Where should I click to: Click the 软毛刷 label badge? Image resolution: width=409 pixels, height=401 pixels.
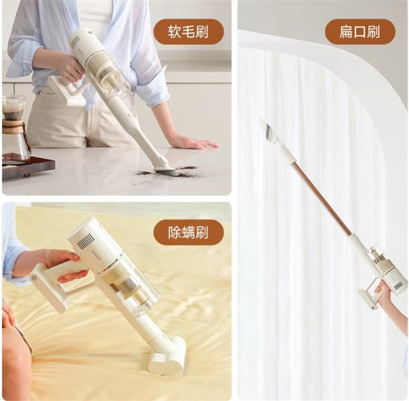[188, 32]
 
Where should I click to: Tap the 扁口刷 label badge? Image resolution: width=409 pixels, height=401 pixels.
[360, 32]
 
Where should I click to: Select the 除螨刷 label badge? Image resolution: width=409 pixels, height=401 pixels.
[188, 233]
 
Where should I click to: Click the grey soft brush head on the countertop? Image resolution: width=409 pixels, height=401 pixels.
[167, 171]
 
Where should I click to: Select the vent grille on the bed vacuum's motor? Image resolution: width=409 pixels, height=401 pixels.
[86, 240]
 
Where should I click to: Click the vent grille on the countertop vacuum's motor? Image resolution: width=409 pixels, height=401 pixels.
[76, 41]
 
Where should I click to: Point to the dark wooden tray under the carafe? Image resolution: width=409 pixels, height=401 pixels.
[28, 166]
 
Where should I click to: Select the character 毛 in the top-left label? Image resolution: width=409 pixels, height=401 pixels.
[188, 32]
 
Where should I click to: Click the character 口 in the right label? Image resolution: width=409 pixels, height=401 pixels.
[360, 32]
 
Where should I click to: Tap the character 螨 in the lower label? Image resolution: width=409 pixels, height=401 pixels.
[188, 233]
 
